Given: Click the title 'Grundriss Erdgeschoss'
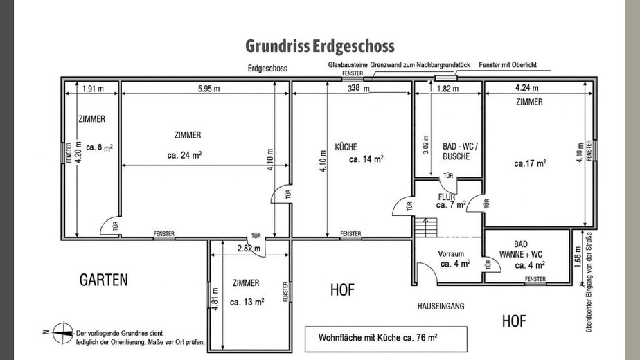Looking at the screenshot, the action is point(319,46).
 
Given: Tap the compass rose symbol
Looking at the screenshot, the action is point(62,332).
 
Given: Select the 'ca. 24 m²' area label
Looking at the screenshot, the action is point(184,155).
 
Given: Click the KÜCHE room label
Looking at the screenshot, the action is point(346,147).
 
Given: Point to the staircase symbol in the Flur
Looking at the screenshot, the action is point(426,227).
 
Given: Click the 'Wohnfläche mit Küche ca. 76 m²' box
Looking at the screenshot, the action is point(386,339).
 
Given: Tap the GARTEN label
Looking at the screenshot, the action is point(104,280).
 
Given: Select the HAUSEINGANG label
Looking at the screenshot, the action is point(441,306).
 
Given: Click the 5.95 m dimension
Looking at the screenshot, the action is point(208,89).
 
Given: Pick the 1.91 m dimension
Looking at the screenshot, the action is point(93,89).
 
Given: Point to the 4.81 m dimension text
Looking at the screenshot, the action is point(215,299).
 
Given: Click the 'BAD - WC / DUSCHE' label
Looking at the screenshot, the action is point(460,151).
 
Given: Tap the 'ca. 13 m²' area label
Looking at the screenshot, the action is point(247,302).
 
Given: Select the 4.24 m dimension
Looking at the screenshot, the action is point(527,88).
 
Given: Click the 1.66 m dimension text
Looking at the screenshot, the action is point(578,257).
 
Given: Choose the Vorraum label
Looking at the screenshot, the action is point(451,254).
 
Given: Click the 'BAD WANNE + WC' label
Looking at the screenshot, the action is point(520,249).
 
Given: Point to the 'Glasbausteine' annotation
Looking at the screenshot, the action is point(348,65).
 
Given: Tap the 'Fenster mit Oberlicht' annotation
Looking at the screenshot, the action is point(507,65).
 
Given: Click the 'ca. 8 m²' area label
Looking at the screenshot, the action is point(99,147).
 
